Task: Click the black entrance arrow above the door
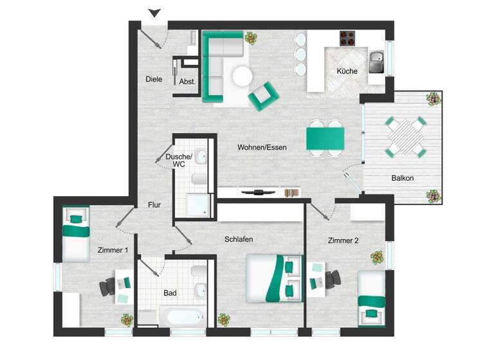154,12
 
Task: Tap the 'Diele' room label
154,80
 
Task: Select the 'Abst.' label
187,82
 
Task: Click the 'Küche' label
347,71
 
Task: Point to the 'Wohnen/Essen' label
262,147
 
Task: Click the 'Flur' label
154,206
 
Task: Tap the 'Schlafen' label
239,239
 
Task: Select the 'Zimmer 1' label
113,249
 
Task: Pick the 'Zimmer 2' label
343,240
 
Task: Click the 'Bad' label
170,293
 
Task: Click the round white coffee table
242,76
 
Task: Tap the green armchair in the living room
263,95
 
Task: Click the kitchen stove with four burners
348,39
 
